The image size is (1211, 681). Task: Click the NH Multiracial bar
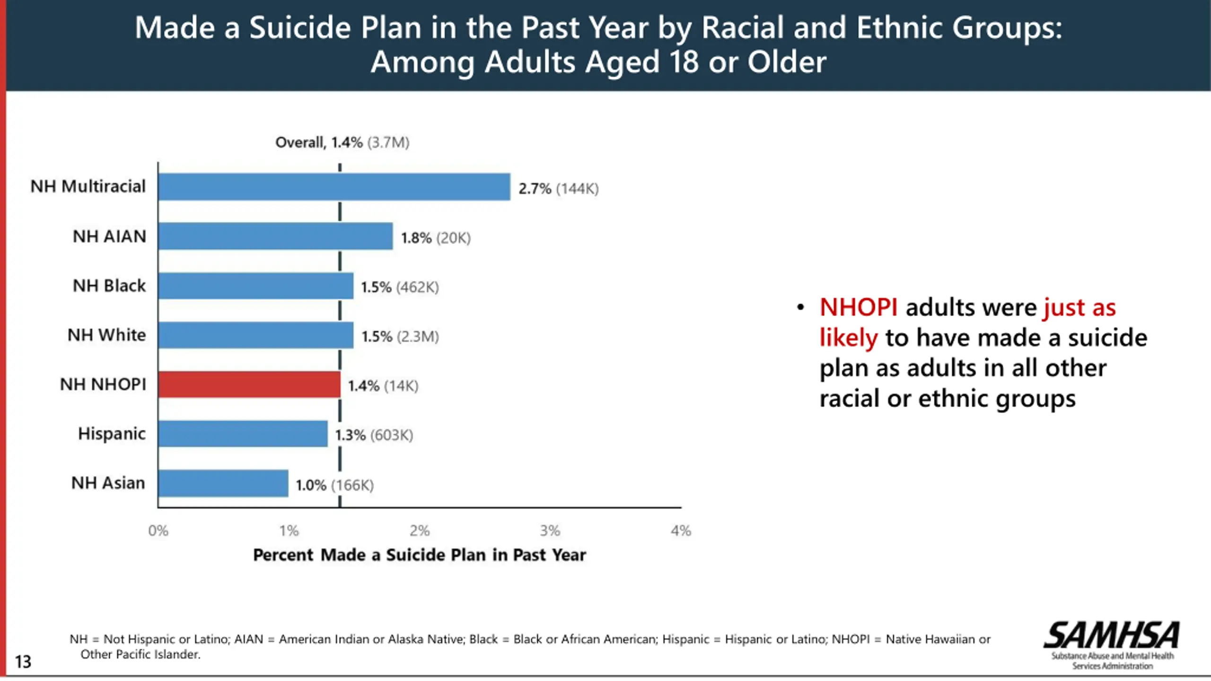pyautogui.click(x=334, y=187)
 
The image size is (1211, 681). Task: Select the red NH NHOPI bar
pyautogui.click(x=249, y=384)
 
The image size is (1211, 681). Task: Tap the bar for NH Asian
pyautogui.click(x=223, y=483)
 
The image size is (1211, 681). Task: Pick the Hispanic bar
pyautogui.click(x=243, y=434)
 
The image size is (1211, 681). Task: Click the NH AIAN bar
pyautogui.click(x=275, y=236)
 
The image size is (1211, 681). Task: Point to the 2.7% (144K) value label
pyautogui.click(x=558, y=189)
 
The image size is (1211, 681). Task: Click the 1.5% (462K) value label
pyautogui.click(x=400, y=287)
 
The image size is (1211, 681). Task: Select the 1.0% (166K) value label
pyautogui.click(x=334, y=485)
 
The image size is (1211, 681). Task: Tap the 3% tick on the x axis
pyautogui.click(x=550, y=531)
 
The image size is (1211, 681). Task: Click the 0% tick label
pyautogui.click(x=158, y=531)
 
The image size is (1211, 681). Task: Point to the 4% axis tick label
pyautogui.click(x=681, y=531)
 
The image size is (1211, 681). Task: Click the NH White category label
pyautogui.click(x=106, y=335)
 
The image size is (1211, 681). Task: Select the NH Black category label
pyautogui.click(x=109, y=286)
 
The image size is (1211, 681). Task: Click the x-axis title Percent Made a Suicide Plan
pyautogui.click(x=419, y=555)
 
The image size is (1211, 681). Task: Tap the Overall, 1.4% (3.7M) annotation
pyautogui.click(x=342, y=142)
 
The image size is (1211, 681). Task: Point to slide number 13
pyautogui.click(x=23, y=661)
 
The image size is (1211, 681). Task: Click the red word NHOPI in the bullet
pyautogui.click(x=858, y=307)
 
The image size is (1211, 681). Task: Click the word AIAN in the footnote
pyautogui.click(x=248, y=639)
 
